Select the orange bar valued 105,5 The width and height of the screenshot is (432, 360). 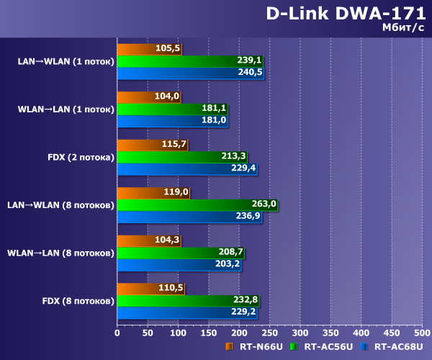tap(149, 50)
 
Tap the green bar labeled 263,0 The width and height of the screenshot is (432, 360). tap(197, 204)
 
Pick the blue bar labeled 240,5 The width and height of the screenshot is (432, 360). tap(190, 73)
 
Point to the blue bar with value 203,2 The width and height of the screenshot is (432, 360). tap(179, 264)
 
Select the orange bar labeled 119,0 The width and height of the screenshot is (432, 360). tap(153, 192)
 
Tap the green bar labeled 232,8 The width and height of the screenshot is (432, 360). tap(188, 300)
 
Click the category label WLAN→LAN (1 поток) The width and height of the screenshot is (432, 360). tap(66, 109)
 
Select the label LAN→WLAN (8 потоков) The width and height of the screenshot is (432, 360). tap(60, 205)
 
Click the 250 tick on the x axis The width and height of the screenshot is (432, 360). tap(269, 333)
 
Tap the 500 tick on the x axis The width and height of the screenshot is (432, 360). tap(422, 333)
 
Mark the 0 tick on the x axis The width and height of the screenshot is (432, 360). tap(117, 333)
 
